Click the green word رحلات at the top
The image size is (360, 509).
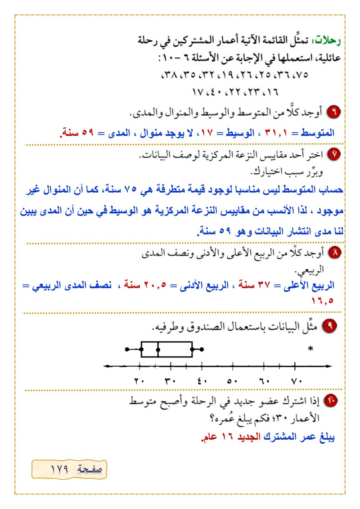pyautogui.click(x=330, y=41)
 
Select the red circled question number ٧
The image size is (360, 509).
pyautogui.click(x=334, y=154)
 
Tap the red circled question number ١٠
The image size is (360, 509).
pyautogui.click(x=331, y=401)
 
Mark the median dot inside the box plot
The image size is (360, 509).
pyautogui.click(x=158, y=349)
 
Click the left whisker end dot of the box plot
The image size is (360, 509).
pyautogui.click(x=127, y=349)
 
